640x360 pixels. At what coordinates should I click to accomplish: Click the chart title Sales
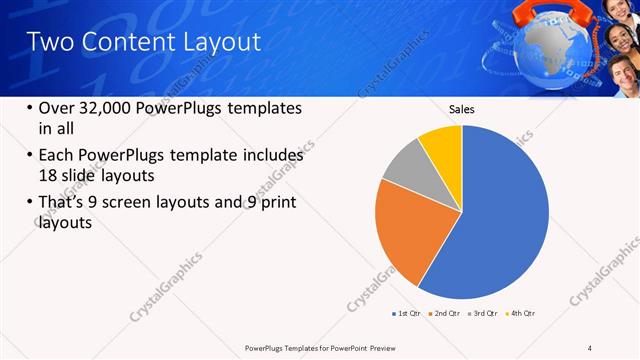[x=461, y=109]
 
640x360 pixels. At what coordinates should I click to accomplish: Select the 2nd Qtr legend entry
[x=446, y=314]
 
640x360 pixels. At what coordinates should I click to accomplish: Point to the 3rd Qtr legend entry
[x=485, y=314]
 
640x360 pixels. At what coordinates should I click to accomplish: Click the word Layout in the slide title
[x=214, y=42]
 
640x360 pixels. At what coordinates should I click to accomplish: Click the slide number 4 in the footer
[x=590, y=347]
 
